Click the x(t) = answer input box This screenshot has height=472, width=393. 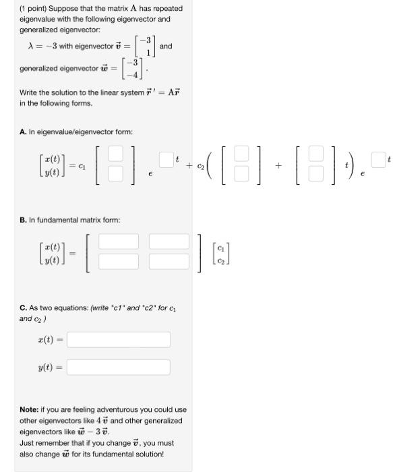tap(119, 339)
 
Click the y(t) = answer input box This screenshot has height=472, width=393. tap(119, 367)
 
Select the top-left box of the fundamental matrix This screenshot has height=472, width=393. tap(119, 241)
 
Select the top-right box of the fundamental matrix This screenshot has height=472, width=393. tap(169, 241)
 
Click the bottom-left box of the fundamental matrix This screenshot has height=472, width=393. tap(119, 261)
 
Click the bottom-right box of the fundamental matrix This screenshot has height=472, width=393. tap(169, 261)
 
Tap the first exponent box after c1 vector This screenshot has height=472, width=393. tap(167, 160)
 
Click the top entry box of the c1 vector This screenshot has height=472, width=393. tap(116, 154)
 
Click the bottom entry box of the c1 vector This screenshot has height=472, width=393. tap(116, 175)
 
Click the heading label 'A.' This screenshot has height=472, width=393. tap(23, 131)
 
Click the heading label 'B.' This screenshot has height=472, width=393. tap(23, 220)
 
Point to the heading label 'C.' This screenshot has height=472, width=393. tap(23, 308)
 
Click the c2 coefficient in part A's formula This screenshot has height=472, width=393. tap(200, 165)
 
